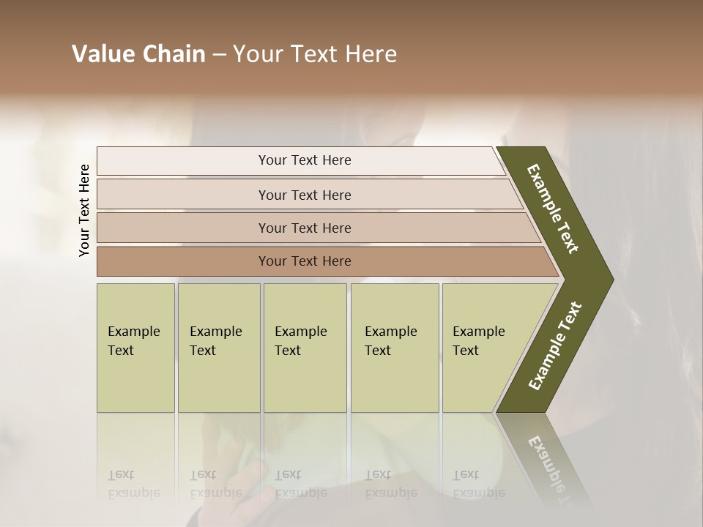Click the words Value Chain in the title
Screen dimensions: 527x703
click(x=138, y=54)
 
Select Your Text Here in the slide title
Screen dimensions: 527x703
click(x=315, y=54)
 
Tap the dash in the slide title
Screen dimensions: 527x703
click(x=219, y=55)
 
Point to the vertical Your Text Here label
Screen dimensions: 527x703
click(x=84, y=210)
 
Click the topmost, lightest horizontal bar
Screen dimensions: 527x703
click(x=304, y=160)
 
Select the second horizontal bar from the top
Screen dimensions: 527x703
click(x=304, y=195)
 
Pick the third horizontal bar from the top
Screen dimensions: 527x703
click(x=304, y=228)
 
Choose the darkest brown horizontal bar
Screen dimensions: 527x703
click(x=304, y=261)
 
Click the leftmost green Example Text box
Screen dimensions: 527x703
click(x=135, y=347)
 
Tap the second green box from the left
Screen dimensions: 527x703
click(x=218, y=347)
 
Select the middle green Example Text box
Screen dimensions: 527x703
click(x=305, y=347)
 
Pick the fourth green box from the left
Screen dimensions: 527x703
click(x=395, y=347)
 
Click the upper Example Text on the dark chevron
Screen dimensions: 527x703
click(x=554, y=209)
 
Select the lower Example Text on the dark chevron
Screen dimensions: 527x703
click(x=555, y=346)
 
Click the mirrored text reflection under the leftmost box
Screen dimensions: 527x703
click(x=133, y=484)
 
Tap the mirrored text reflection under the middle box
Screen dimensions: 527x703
click(x=300, y=484)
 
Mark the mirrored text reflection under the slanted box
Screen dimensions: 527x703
click(x=478, y=484)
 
